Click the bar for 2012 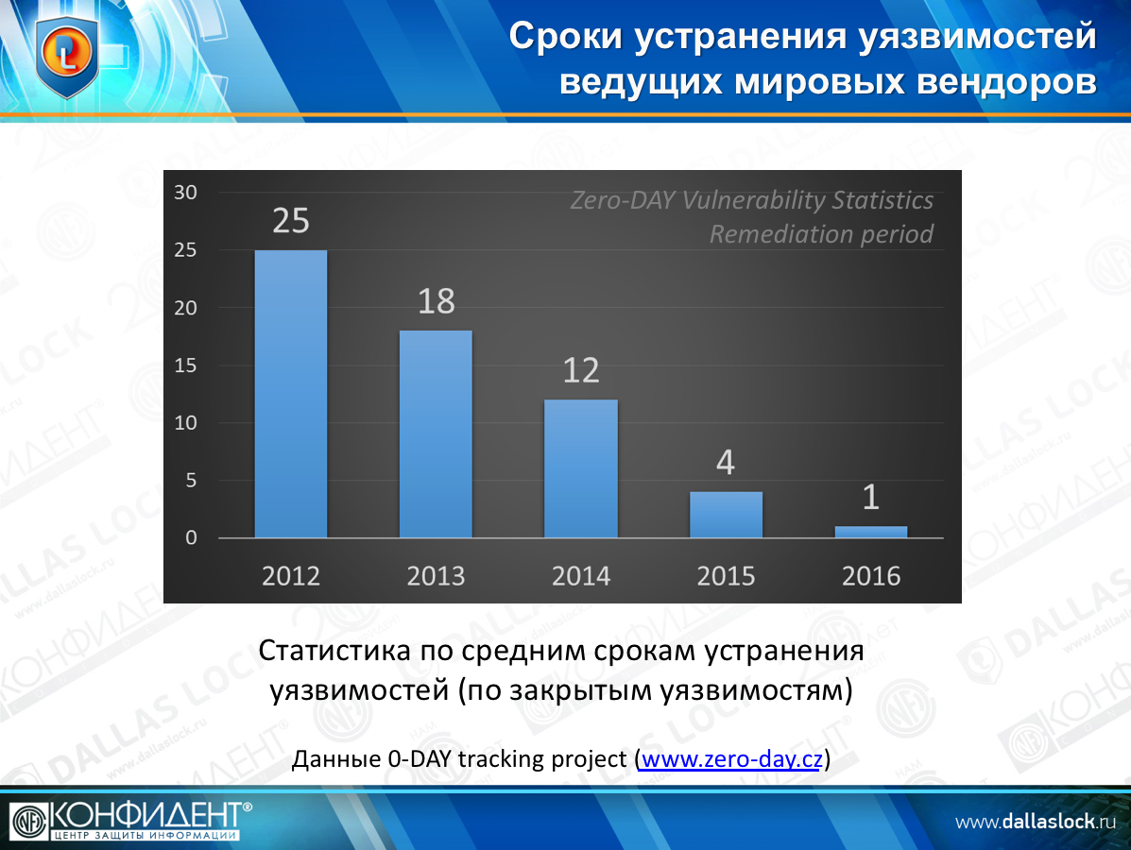point(291,394)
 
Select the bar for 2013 point(436,434)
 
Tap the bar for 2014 point(581,468)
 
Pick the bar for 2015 point(726,515)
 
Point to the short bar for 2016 point(870,532)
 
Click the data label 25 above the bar point(291,220)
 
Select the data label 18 point(436,301)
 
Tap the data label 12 point(581,370)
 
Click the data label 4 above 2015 point(726,463)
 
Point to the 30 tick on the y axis point(186,193)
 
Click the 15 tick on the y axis point(186,365)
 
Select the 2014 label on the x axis point(581,576)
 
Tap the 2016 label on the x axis point(870,576)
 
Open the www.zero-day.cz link point(730,758)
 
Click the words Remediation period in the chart point(821,234)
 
